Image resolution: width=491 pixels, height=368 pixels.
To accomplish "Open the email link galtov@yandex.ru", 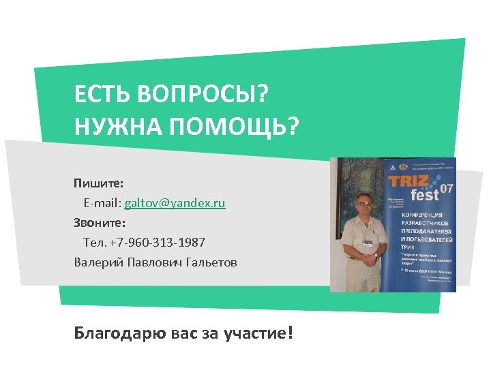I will [175, 203].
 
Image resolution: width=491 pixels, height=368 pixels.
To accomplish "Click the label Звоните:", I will [100, 223].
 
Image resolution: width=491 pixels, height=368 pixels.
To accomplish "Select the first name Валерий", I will [96, 262].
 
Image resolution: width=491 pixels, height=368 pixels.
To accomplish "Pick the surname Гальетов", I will [209, 262].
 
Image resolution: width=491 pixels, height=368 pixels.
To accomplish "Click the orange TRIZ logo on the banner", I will [408, 181].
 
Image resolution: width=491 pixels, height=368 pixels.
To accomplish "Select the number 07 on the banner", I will [447, 187].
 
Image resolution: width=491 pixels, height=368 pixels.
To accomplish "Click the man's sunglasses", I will [364, 202].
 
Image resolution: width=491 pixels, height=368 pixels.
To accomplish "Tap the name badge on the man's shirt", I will [368, 243].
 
